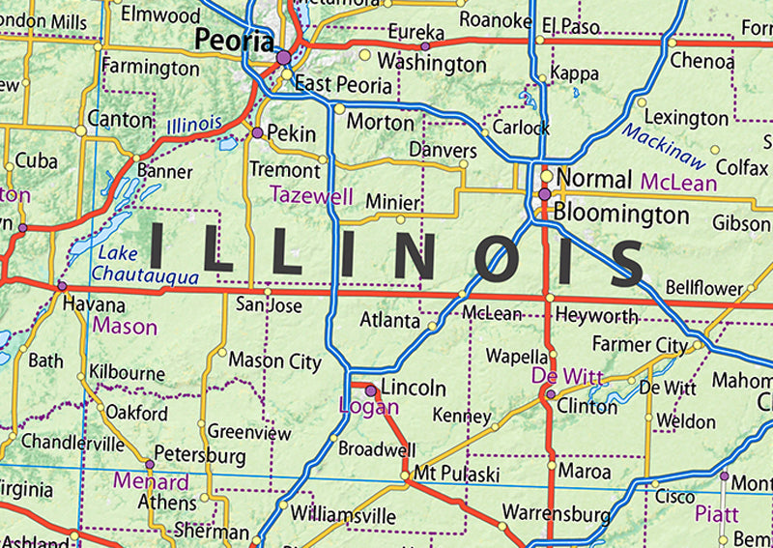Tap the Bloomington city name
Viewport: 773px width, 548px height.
coord(621,214)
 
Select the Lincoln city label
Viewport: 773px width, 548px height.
coord(414,388)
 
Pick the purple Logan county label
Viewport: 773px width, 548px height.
coord(368,406)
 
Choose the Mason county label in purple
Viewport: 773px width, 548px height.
coord(125,327)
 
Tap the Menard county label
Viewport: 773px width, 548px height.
coord(151,481)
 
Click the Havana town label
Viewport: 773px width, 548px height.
coord(94,303)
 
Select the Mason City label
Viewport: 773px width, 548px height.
coord(274,361)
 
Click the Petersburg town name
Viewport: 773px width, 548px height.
coord(200,453)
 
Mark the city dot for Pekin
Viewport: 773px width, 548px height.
coord(258,132)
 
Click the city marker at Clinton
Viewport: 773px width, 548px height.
coord(550,394)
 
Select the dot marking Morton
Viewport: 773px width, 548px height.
coord(340,109)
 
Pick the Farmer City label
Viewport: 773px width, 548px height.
coord(640,344)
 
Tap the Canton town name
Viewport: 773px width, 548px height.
coord(120,120)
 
